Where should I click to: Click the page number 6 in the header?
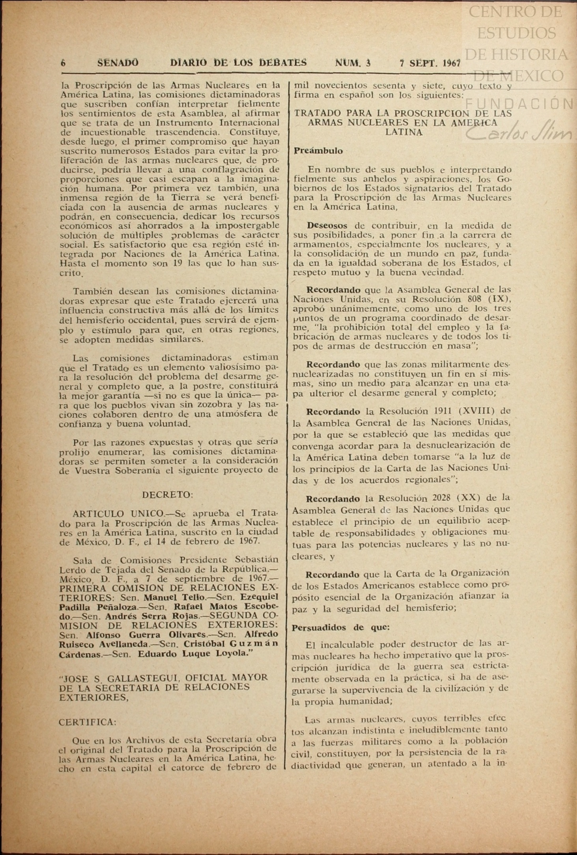[x=63, y=63]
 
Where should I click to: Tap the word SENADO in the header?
[x=118, y=63]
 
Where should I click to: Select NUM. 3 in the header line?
[x=353, y=63]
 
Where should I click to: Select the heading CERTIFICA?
[x=88, y=722]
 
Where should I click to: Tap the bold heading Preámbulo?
[x=318, y=151]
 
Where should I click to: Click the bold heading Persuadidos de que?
[x=341, y=627]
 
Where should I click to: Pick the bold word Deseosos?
[x=327, y=226]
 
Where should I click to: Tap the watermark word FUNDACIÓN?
[x=520, y=104]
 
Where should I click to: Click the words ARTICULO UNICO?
[x=118, y=514]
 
